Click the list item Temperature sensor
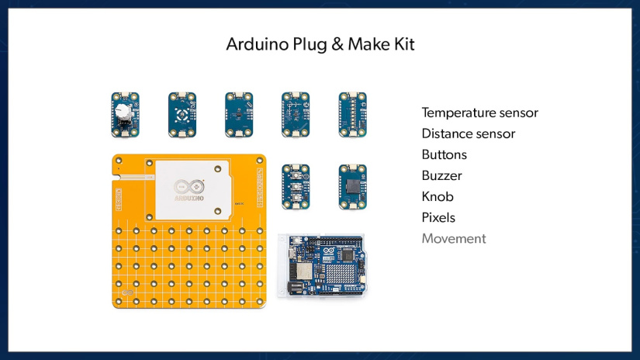[x=479, y=113]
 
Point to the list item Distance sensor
[x=468, y=134]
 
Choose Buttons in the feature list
[x=444, y=155]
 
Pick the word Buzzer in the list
[x=441, y=176]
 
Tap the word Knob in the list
[x=438, y=197]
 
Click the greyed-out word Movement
[x=454, y=239]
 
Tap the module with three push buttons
[x=296, y=186]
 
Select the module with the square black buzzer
[x=352, y=186]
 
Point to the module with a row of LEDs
[x=352, y=113]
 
